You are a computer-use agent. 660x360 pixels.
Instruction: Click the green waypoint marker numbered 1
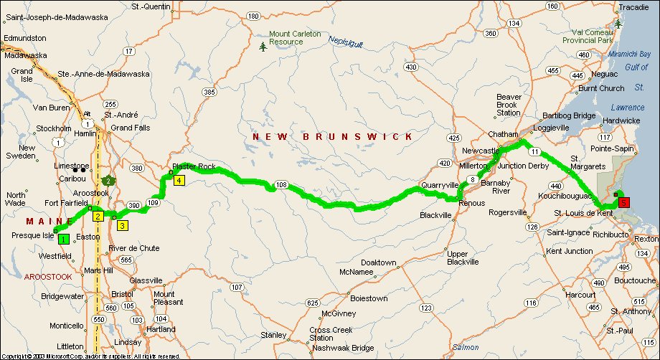(x=63, y=239)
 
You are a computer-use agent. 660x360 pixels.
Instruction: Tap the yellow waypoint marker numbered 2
(x=98, y=215)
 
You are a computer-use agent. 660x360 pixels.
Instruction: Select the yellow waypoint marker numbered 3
(x=122, y=225)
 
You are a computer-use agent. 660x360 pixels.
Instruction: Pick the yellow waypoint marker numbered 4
(x=178, y=181)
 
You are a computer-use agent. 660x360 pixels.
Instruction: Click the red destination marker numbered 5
(x=623, y=202)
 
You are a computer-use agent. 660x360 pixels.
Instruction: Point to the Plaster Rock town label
(x=194, y=167)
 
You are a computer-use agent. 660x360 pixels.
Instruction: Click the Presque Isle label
(x=29, y=234)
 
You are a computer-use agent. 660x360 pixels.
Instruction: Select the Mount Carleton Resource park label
(x=295, y=38)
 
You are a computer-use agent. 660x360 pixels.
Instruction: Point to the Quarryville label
(x=440, y=185)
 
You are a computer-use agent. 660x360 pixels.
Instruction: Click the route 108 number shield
(x=281, y=185)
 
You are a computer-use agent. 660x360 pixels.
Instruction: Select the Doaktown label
(x=379, y=263)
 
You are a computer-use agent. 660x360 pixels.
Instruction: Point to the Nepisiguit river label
(x=346, y=42)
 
